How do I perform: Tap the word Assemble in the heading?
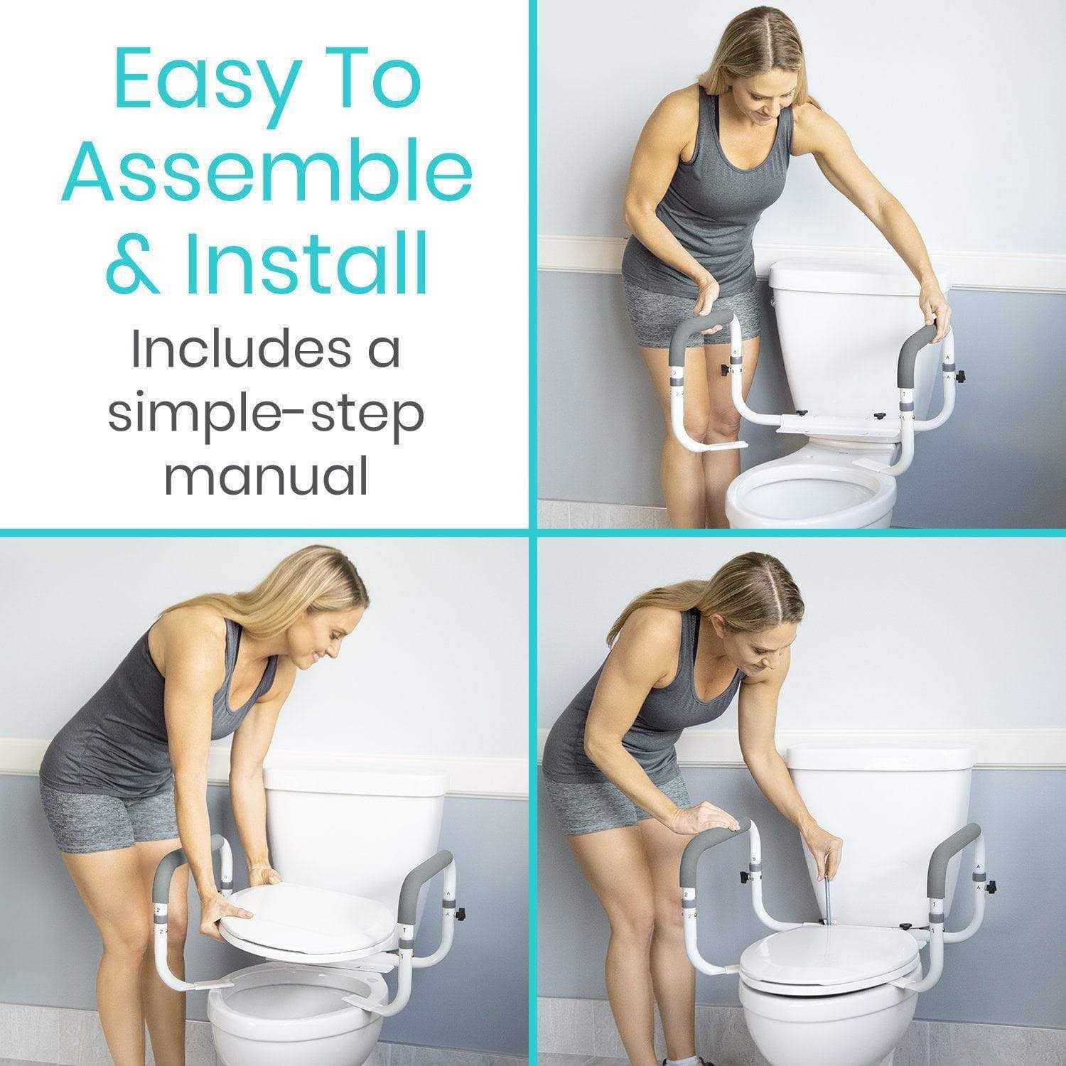[266, 173]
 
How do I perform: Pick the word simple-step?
[266, 416]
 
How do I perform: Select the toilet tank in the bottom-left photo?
[362, 810]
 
